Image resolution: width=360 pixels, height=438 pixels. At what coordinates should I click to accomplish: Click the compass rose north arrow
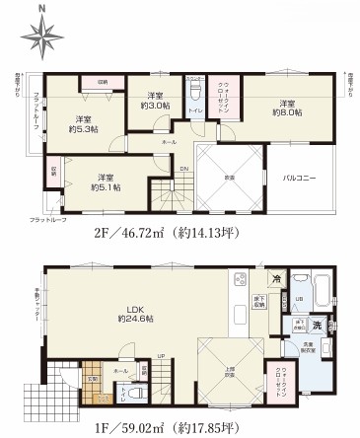(x=38, y=36)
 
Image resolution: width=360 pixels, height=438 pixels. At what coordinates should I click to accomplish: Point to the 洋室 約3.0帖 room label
(x=156, y=100)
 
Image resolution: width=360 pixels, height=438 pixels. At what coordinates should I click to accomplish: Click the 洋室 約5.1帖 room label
(x=104, y=182)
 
